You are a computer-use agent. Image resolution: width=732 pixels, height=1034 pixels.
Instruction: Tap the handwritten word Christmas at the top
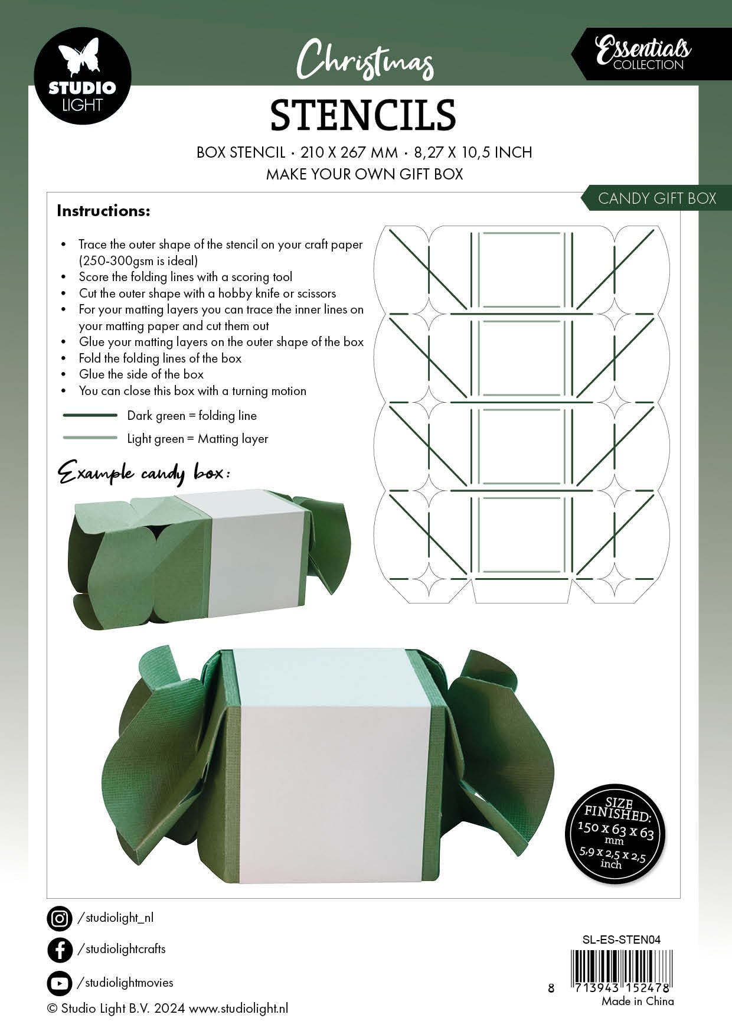pyautogui.click(x=365, y=60)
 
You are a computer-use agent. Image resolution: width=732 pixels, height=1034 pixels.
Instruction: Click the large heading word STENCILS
pyautogui.click(x=363, y=115)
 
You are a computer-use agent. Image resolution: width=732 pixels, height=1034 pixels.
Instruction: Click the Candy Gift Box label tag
pyautogui.click(x=656, y=198)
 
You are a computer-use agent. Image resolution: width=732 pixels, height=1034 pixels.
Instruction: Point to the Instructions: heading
pyautogui.click(x=103, y=211)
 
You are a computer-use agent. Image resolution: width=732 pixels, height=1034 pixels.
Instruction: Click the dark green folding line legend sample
pyautogui.click(x=90, y=415)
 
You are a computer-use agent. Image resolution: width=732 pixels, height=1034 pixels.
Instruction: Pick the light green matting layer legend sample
pyautogui.click(x=90, y=438)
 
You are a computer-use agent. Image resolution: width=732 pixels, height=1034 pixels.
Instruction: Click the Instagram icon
pyautogui.click(x=59, y=918)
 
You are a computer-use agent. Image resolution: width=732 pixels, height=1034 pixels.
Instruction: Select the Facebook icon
pyautogui.click(x=59, y=950)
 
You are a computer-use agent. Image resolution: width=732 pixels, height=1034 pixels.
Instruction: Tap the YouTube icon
pyautogui.click(x=59, y=983)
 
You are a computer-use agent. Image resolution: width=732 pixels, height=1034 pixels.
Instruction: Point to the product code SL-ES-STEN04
pyautogui.click(x=621, y=940)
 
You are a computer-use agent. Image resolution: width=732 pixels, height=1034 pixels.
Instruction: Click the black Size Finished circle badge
pyautogui.click(x=615, y=834)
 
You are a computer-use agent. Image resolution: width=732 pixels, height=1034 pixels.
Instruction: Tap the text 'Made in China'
pyautogui.click(x=638, y=1001)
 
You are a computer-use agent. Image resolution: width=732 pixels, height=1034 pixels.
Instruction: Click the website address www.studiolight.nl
pyautogui.click(x=238, y=1009)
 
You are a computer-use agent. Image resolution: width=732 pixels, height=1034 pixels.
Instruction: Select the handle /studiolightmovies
pyautogui.click(x=126, y=983)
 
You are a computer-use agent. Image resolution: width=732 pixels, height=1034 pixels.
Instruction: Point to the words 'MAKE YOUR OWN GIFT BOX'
pyautogui.click(x=364, y=174)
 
